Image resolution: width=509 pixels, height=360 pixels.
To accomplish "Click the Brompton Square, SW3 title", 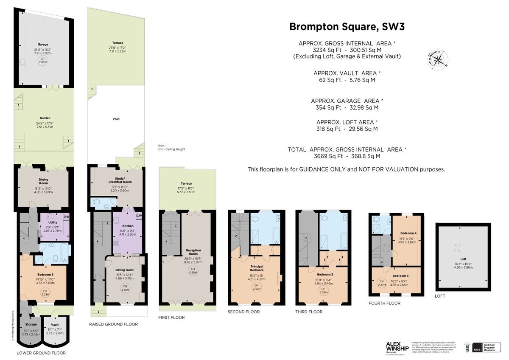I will click(347, 27).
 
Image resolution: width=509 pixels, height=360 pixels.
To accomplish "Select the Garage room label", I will click(42, 44).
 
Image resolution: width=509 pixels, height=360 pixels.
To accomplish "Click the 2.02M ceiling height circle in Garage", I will click(42, 61).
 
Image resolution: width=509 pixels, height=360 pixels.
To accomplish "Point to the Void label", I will click(115, 119).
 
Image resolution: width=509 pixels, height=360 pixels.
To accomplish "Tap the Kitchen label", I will click(128, 226).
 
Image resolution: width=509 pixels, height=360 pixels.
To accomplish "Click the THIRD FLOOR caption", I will click(308, 312).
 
